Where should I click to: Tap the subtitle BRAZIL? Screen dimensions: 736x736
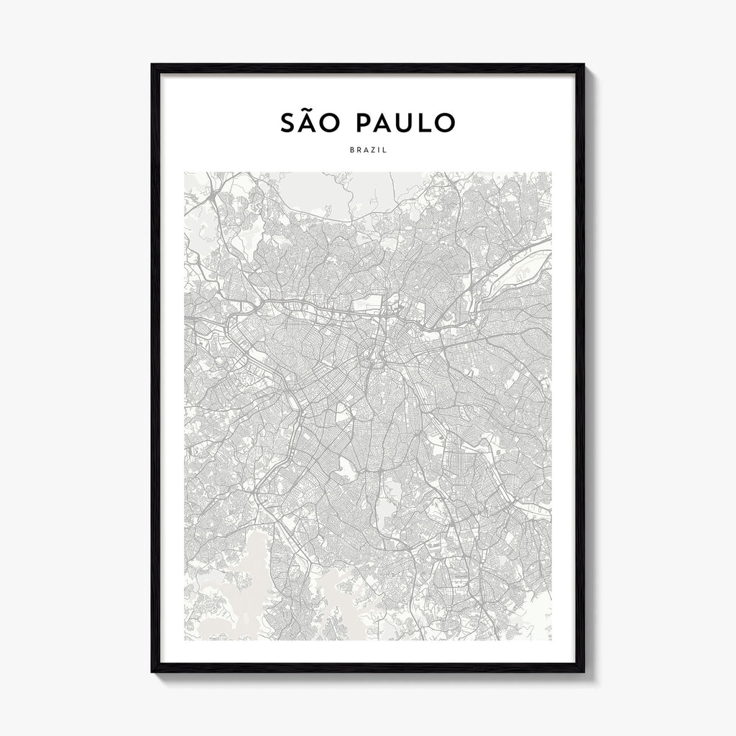pyautogui.click(x=367, y=150)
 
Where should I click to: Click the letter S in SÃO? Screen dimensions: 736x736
pyautogui.click(x=287, y=123)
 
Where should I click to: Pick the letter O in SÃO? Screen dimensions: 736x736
pyautogui.click(x=333, y=123)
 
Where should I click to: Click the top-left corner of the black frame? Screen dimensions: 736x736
pyautogui.click(x=152, y=65)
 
